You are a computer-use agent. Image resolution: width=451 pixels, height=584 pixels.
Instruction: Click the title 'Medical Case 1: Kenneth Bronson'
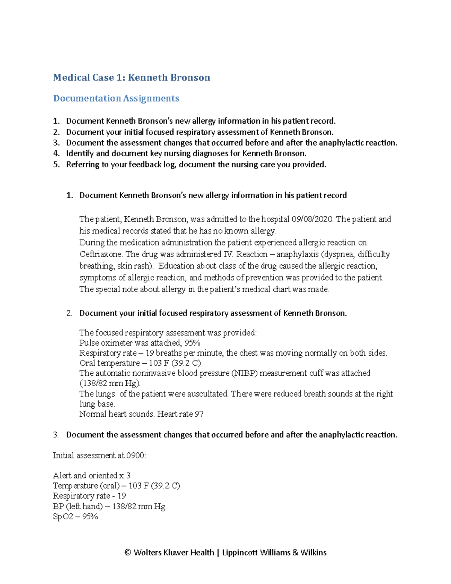point(132,77)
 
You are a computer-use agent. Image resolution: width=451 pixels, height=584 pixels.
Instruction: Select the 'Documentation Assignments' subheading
point(116,99)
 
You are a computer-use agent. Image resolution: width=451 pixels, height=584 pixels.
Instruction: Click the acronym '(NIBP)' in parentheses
point(244,373)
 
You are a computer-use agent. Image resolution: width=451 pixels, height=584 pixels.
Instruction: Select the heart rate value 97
point(199,414)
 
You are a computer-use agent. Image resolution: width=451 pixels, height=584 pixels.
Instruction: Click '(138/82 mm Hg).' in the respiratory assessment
point(110,384)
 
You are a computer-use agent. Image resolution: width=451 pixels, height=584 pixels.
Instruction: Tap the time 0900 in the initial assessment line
point(135,456)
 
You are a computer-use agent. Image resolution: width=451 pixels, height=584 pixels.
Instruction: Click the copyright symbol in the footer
point(128,553)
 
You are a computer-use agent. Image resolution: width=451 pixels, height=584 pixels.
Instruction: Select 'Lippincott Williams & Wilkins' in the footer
point(274,553)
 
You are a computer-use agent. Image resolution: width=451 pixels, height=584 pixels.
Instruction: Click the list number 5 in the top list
point(56,165)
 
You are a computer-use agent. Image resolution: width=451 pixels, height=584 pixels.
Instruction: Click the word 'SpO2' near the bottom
point(63,517)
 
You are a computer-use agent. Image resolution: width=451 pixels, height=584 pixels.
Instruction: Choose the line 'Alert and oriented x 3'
point(92,476)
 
